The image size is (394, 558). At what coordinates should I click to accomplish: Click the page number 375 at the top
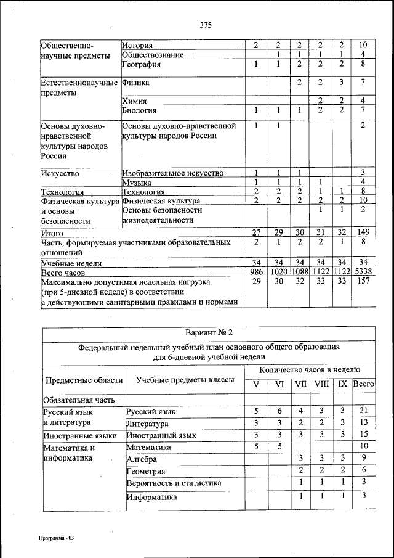(206, 25)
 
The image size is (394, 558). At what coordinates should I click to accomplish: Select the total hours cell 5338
(363, 271)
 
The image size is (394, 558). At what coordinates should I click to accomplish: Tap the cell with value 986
(255, 271)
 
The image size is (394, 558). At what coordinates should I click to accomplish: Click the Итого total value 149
(363, 232)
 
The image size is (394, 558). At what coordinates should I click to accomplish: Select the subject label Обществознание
(153, 54)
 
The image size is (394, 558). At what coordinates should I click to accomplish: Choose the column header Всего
(364, 384)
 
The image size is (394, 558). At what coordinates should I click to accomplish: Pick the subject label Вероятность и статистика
(174, 483)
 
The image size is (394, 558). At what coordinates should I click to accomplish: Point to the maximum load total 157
(363, 281)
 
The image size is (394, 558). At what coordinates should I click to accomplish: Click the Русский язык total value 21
(364, 411)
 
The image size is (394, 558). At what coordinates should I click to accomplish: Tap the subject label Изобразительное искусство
(172, 173)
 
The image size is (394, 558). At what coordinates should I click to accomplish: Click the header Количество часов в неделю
(310, 369)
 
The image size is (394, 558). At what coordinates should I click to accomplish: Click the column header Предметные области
(82, 380)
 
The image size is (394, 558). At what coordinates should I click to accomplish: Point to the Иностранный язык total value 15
(364, 435)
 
